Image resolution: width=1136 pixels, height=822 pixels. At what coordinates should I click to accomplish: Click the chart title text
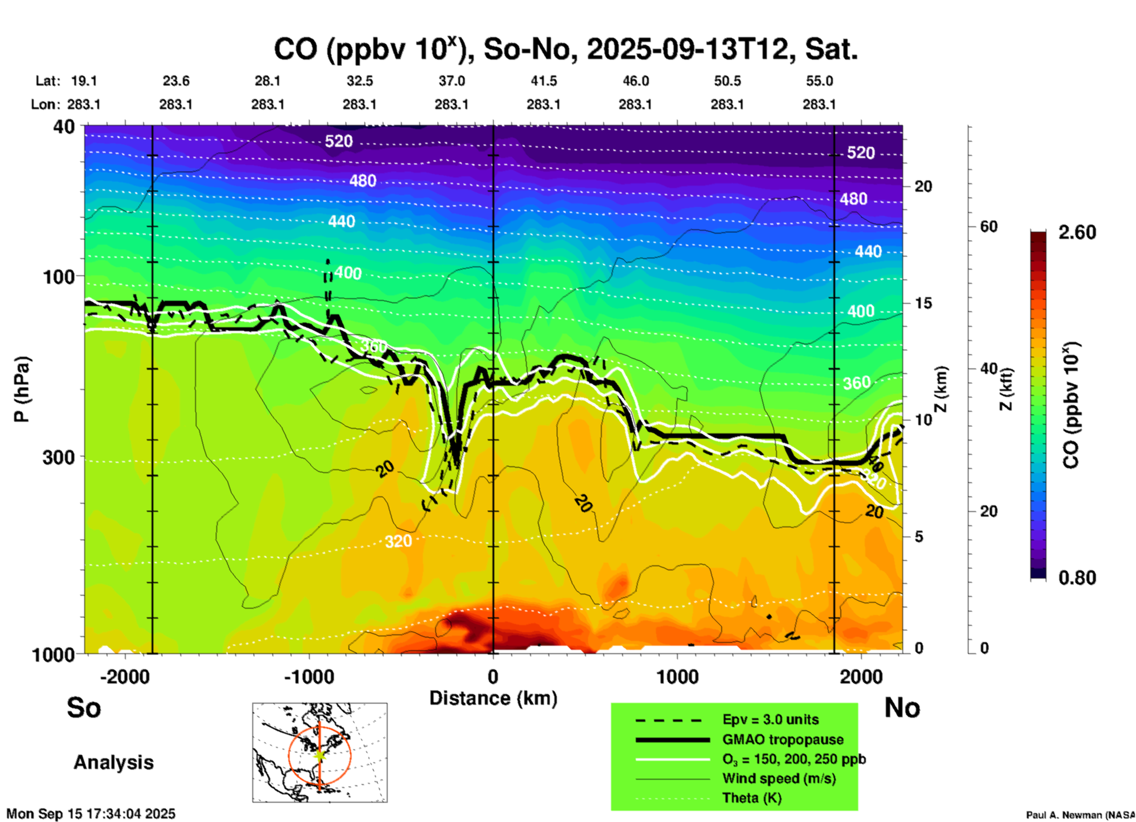tap(565, 50)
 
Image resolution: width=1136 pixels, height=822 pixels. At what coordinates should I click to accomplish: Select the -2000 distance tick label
tap(125, 677)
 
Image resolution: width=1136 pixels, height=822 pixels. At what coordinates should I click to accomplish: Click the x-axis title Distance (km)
tap(493, 698)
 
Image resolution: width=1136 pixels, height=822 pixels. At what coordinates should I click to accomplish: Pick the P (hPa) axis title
tap(22, 389)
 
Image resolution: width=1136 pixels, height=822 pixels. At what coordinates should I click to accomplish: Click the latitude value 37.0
tap(451, 81)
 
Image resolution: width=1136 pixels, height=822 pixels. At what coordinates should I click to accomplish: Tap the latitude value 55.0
tap(819, 81)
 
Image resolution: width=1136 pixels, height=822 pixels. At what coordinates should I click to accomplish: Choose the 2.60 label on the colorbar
tap(1077, 232)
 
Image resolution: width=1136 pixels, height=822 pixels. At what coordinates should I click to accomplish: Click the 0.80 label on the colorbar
tap(1077, 578)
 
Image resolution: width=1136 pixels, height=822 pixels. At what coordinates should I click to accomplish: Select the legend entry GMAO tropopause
tap(783, 739)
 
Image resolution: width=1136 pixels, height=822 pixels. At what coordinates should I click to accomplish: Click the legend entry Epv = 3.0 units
tap(770, 720)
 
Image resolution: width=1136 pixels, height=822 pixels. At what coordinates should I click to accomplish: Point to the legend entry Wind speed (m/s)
tap(779, 778)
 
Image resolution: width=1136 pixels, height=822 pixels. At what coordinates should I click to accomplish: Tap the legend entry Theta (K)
tap(751, 798)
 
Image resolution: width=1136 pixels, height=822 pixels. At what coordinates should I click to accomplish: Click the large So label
tap(84, 708)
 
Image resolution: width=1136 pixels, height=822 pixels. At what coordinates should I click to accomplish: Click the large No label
tap(902, 708)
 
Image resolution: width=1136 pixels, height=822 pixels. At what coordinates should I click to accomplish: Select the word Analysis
tap(113, 762)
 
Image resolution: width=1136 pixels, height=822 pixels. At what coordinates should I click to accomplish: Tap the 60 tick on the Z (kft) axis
tap(989, 227)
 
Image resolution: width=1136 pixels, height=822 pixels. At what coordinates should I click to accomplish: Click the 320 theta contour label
tap(398, 541)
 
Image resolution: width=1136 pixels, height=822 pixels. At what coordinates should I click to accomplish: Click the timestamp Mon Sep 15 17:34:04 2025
tap(91, 814)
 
